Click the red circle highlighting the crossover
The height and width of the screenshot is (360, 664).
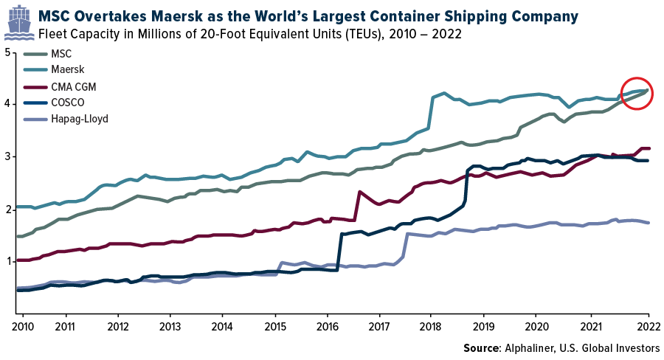(635, 93)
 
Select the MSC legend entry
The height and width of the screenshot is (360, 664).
(63, 54)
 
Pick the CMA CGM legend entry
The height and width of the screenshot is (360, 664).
(75, 86)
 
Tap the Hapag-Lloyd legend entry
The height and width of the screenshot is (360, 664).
(80, 119)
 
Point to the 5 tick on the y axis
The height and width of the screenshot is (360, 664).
(7, 52)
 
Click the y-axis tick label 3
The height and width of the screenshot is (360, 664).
(7, 157)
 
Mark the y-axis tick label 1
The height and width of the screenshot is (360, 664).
(7, 261)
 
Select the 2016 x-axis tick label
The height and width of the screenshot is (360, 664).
(327, 325)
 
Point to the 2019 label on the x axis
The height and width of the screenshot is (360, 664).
(483, 325)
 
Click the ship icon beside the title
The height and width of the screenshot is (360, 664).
(18, 23)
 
